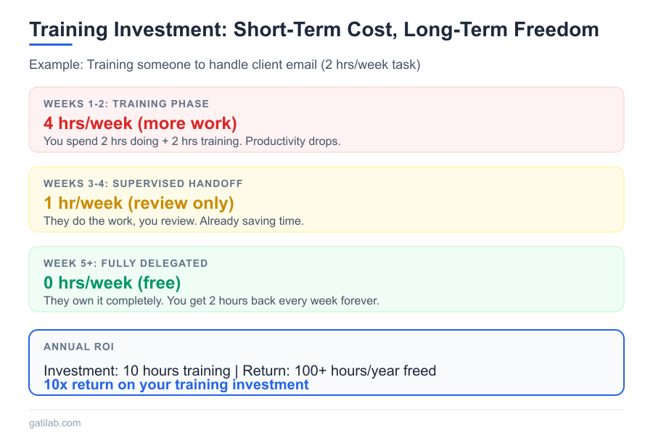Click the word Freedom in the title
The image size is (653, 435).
click(x=556, y=30)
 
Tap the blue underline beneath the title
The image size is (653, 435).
click(x=51, y=44)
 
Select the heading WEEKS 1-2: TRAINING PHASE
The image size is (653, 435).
click(x=126, y=104)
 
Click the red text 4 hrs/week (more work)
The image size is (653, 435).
click(x=140, y=123)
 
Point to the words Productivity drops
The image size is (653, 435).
click(x=293, y=141)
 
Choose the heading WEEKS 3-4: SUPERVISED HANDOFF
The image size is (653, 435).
click(x=143, y=183)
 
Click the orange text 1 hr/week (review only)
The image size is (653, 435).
click(x=139, y=203)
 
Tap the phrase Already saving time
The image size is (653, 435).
click(x=252, y=221)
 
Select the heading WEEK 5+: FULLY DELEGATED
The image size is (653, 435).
click(x=126, y=263)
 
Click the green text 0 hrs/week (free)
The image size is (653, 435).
click(x=112, y=283)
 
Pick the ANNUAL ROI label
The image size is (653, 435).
click(x=78, y=347)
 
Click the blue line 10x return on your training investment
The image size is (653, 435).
click(x=176, y=385)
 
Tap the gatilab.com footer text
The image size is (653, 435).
click(x=55, y=423)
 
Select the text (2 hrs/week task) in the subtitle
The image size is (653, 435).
click(x=371, y=65)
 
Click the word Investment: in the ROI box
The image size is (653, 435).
click(x=81, y=371)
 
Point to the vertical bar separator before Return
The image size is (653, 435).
click(x=237, y=371)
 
